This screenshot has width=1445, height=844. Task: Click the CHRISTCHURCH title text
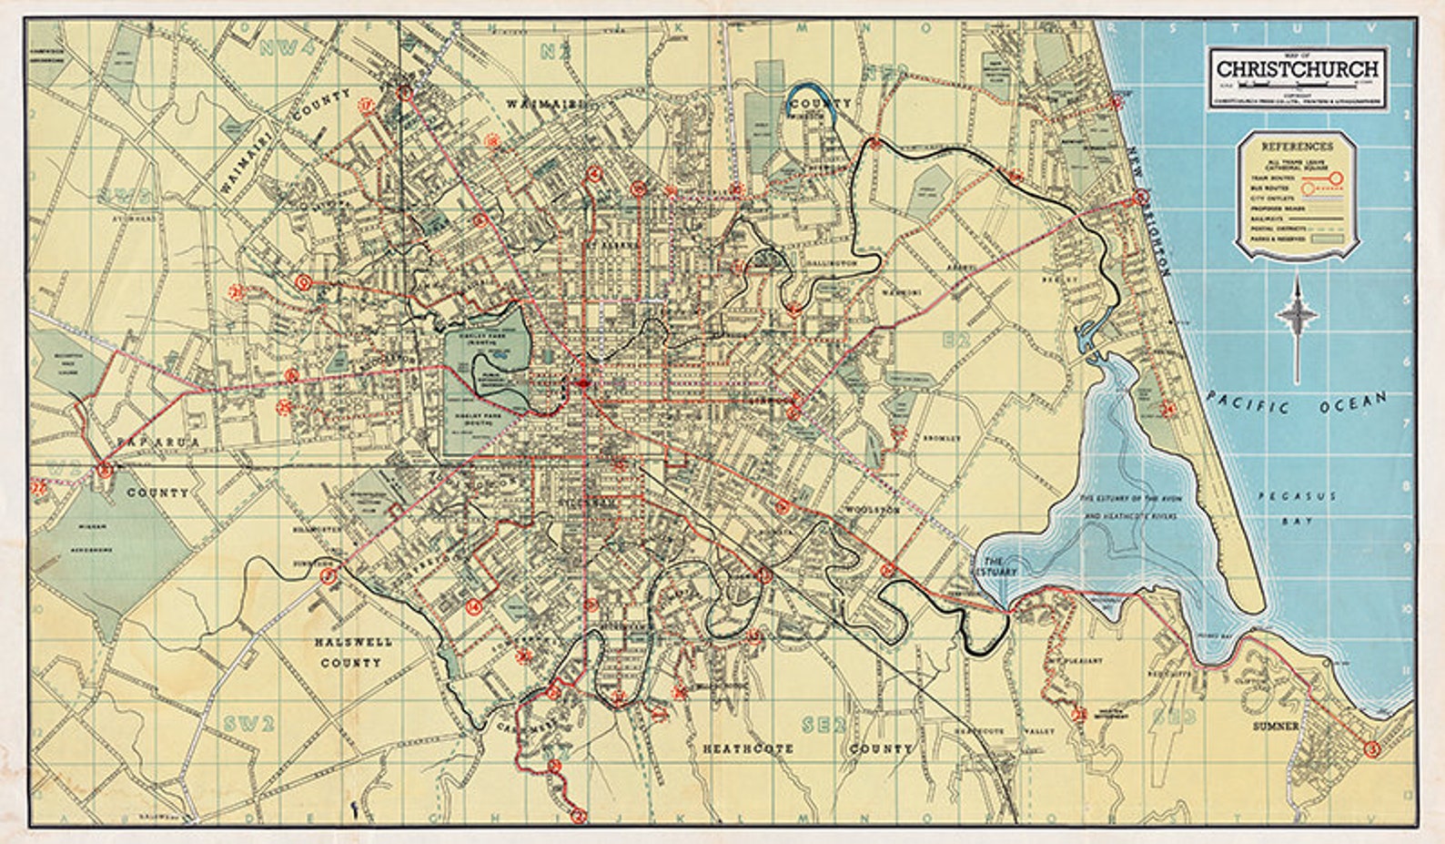click(x=1298, y=69)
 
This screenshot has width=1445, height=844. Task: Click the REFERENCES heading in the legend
click(x=1298, y=146)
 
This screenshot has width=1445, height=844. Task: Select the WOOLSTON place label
click(x=872, y=511)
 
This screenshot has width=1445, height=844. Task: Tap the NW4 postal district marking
click(x=281, y=48)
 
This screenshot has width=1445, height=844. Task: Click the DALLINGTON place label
click(x=829, y=263)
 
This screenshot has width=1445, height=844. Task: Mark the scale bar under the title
click(x=1297, y=85)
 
